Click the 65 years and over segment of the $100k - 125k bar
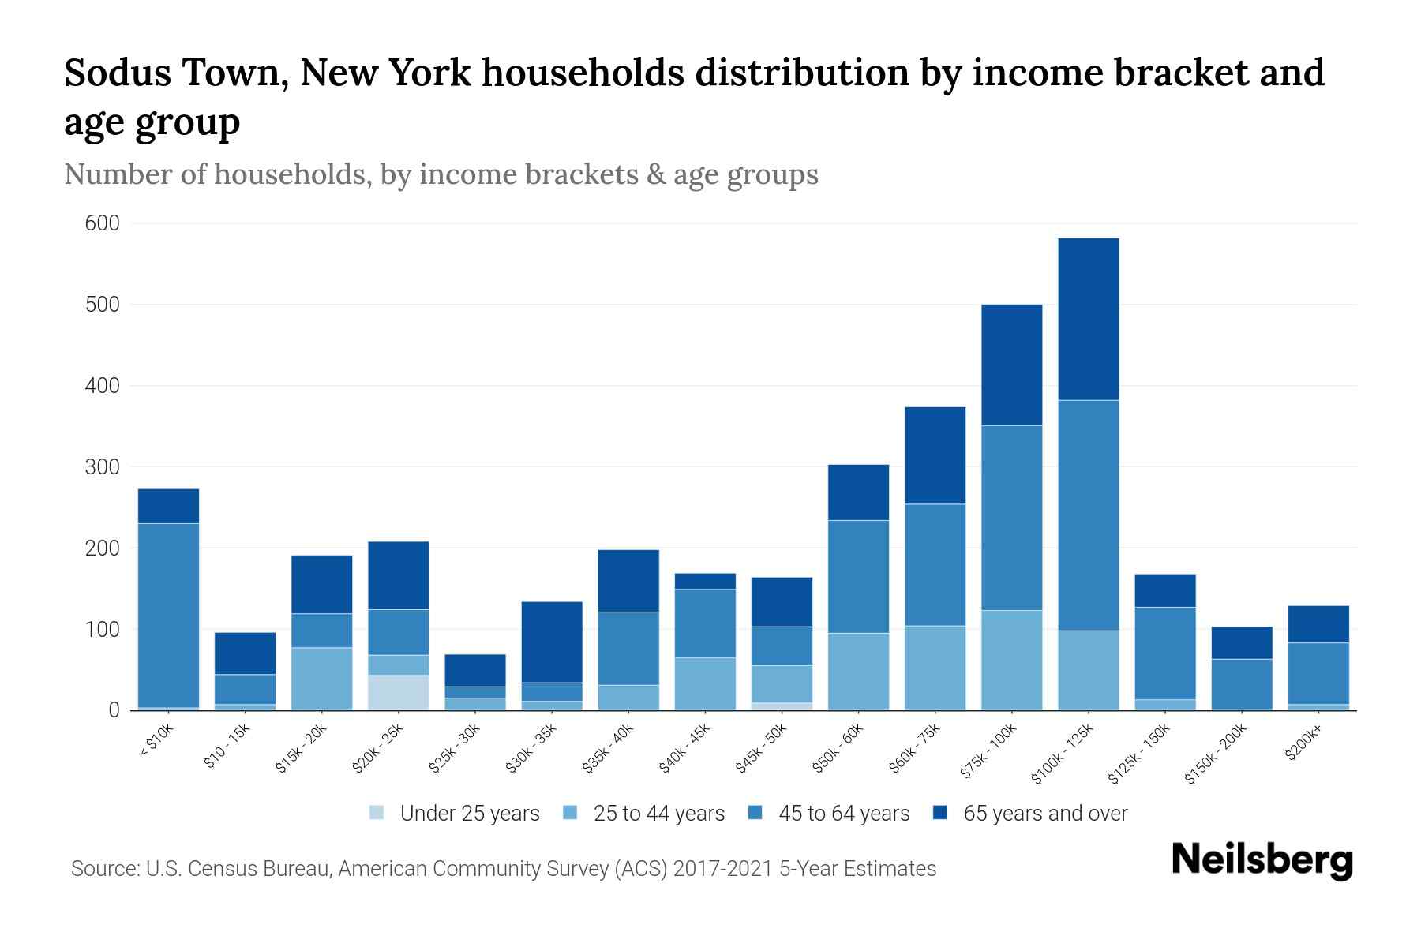coord(1089,319)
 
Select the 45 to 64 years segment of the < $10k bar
coord(168,615)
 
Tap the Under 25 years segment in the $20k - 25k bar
coord(399,692)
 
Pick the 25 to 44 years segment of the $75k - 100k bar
coord(1011,660)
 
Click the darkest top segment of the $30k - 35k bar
coord(552,642)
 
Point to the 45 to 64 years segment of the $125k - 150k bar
coord(1165,653)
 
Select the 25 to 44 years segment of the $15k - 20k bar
coord(321,679)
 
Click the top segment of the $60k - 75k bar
coord(935,455)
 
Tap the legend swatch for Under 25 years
coord(377,813)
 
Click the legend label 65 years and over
coord(1045,814)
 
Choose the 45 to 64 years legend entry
coord(844,814)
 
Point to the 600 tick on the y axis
coord(103,223)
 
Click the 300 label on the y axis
coord(103,467)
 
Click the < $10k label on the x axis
coord(156,742)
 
